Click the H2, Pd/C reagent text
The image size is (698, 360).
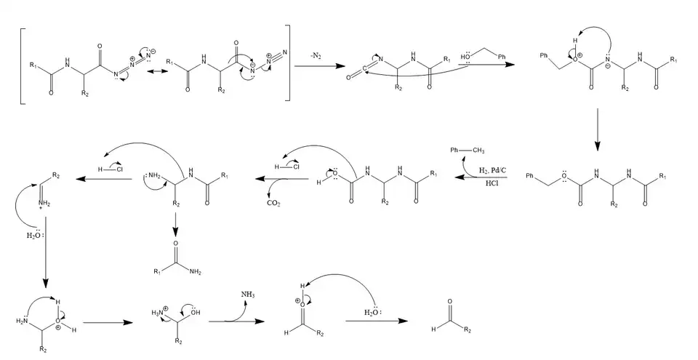492,170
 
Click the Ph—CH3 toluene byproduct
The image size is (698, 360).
465,150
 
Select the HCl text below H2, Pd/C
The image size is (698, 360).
492,183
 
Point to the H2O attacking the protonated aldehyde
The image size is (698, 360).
372,313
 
